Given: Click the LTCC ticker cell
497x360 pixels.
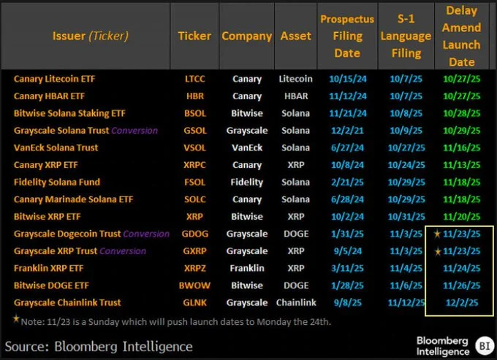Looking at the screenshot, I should (195, 79).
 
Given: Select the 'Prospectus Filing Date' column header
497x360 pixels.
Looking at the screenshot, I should (347, 36).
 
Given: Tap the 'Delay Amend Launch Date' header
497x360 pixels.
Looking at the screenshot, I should (462, 36).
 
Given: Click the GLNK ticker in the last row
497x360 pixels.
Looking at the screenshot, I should (195, 302).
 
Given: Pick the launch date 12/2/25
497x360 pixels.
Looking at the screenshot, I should (462, 302).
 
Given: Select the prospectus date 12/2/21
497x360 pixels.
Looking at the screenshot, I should (347, 131).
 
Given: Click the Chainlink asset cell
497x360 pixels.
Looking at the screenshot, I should (296, 302).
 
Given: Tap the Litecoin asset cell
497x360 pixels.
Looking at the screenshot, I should (296, 79).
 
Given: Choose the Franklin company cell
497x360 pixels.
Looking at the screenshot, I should (247, 268).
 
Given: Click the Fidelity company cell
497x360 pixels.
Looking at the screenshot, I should (247, 182).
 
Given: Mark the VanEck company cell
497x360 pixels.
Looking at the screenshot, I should (247, 148).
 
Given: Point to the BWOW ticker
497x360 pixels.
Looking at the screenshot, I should (195, 285).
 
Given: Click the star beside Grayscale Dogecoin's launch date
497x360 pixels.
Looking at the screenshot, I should (437, 234).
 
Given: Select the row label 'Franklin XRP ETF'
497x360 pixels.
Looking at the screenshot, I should (49, 268).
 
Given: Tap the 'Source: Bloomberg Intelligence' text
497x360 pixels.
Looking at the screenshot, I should (99, 346).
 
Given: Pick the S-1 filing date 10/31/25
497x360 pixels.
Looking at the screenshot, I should (405, 216).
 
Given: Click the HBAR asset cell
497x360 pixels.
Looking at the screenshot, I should (296, 96).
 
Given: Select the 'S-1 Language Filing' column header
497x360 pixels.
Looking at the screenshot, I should (405, 36).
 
